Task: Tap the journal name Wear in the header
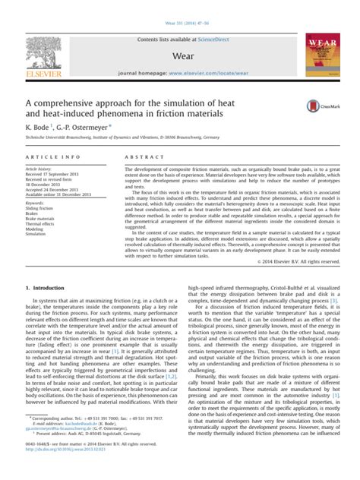coord(179,56)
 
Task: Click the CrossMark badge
coord(320,108)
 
